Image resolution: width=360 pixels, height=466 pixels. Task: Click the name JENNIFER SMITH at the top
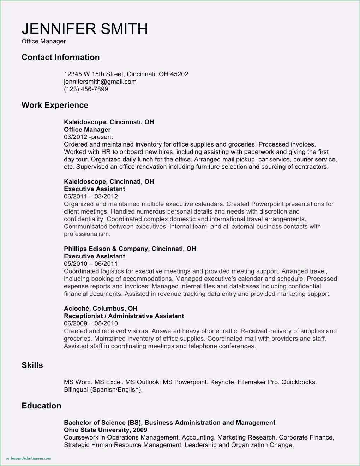(85, 29)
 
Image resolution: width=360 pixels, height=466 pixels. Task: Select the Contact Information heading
(60, 57)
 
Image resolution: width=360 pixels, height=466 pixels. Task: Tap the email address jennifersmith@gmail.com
(100, 82)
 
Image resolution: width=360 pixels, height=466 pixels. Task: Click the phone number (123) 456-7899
(86, 89)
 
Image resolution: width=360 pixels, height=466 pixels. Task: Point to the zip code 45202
(179, 74)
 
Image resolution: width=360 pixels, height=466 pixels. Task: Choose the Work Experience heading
(55, 105)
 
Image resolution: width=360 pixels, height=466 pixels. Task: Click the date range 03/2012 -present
(88, 137)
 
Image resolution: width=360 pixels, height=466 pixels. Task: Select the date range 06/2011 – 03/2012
(91, 196)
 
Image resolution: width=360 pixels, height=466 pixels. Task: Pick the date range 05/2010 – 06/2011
(91, 264)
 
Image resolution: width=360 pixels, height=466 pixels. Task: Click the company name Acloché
(77, 308)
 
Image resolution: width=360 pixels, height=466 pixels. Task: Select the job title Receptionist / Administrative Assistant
(124, 316)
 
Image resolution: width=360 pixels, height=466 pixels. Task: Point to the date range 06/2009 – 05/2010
(91, 323)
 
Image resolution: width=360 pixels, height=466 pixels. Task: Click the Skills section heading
(32, 365)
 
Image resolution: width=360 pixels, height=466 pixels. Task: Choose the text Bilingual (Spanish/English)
(103, 390)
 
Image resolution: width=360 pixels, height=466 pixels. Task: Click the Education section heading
(41, 406)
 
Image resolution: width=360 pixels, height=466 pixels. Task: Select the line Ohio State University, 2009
(106, 430)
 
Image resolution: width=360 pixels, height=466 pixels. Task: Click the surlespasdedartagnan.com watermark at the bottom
(29, 458)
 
